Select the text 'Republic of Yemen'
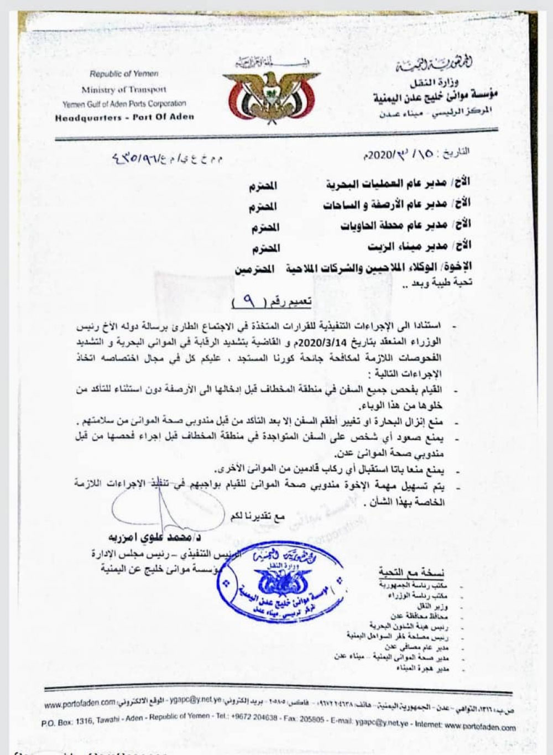(x=123, y=74)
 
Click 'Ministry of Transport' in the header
(x=123, y=89)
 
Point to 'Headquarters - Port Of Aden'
(x=125, y=117)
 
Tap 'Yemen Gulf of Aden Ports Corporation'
(x=124, y=103)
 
